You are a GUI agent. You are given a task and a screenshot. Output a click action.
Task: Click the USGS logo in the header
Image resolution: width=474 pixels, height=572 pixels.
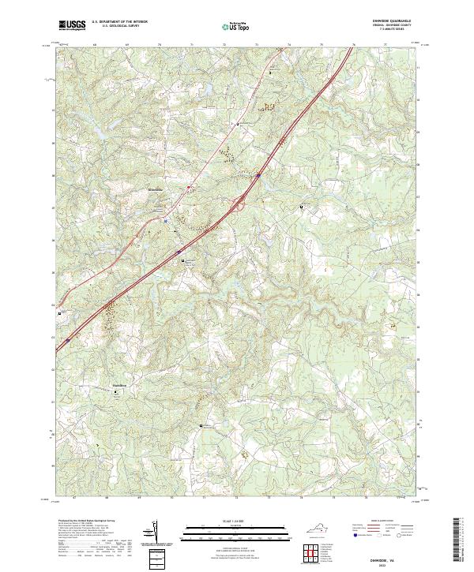[72, 26]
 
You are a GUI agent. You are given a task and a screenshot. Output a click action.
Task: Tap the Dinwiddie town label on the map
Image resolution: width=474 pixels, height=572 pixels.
[156, 190]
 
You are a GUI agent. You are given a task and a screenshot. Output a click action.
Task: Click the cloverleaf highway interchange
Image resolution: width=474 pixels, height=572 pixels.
[236, 207]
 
